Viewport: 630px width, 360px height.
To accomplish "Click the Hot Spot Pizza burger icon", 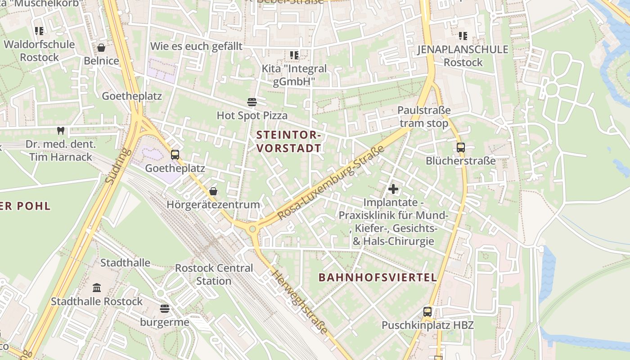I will (x=252, y=102).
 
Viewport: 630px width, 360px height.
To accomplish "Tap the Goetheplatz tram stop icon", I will (x=175, y=155).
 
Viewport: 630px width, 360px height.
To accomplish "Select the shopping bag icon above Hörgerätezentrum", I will (x=213, y=191).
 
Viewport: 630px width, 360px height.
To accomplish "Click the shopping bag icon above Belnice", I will (x=101, y=48).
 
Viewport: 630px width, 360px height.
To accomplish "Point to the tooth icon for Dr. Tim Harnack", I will (x=61, y=131).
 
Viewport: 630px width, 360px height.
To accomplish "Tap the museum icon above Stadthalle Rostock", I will (x=97, y=288).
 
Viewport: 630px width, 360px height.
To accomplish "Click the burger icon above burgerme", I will (x=165, y=309).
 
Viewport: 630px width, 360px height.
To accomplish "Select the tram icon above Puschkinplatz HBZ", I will (x=427, y=311).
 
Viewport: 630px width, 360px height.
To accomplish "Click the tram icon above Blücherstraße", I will (x=460, y=147).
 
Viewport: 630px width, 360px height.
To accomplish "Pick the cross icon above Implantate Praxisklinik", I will (x=393, y=189).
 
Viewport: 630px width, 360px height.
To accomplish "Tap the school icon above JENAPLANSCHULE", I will (x=463, y=36).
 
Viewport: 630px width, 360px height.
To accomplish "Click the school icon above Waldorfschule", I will (x=39, y=31).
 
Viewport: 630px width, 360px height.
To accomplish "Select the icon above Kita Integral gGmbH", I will (x=294, y=55).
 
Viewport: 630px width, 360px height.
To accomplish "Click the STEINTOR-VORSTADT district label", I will (x=288, y=141).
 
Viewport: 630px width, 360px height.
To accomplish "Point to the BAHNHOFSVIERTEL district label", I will (x=378, y=277).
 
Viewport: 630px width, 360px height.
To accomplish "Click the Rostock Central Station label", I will (x=214, y=274).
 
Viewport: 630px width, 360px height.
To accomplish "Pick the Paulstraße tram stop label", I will (x=424, y=117).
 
